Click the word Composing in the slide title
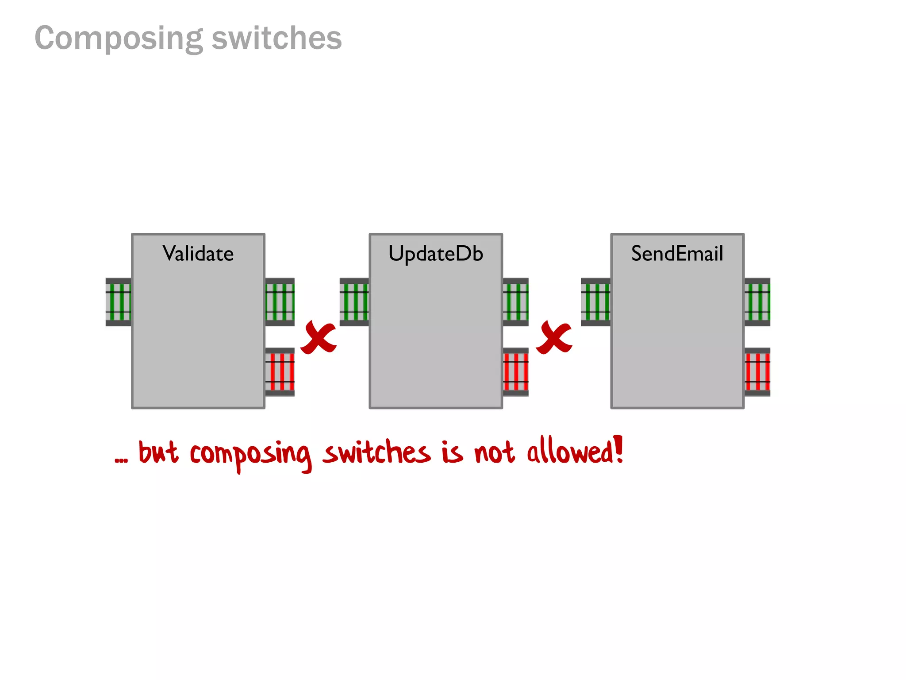[119, 39]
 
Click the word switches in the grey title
[276, 38]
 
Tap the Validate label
[198, 254]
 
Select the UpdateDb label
[436, 254]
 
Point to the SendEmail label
[677, 254]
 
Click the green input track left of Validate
[119, 302]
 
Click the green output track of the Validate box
[280, 302]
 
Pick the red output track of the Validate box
[280, 372]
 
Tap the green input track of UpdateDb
[354, 302]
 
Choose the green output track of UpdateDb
[516, 302]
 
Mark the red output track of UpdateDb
[516, 372]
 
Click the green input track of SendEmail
[596, 302]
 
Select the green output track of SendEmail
[757, 302]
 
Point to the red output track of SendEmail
[757, 372]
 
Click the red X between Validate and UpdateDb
[319, 338]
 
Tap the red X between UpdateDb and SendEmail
[554, 338]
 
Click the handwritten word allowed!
[575, 452]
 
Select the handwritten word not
[494, 452]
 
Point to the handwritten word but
[158, 452]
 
